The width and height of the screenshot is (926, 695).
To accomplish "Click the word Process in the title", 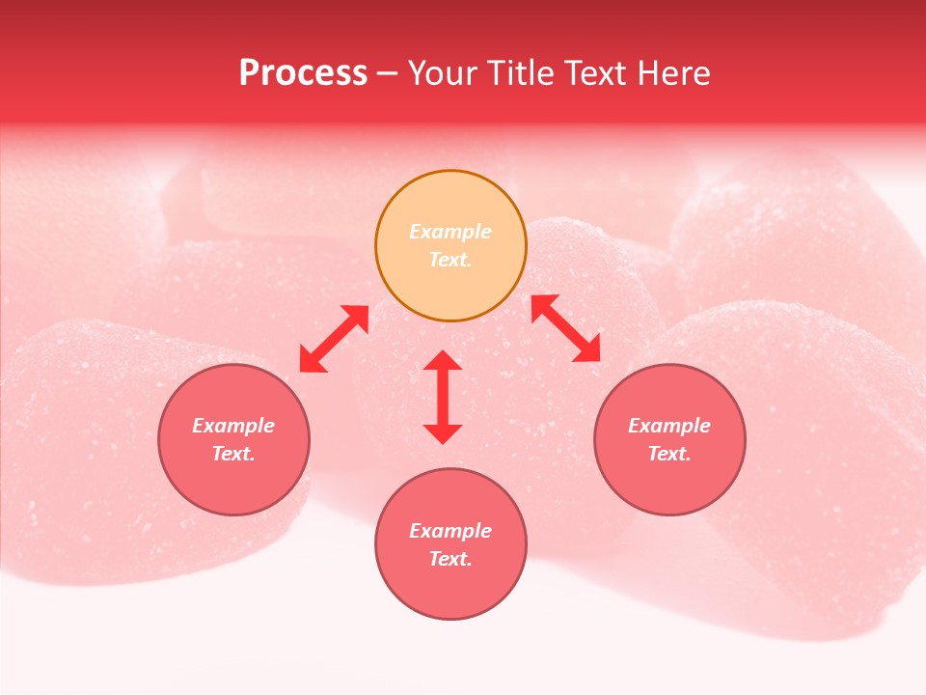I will point(303,73).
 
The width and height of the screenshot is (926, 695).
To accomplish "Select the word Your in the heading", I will point(443,73).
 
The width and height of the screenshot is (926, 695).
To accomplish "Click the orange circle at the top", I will point(450,280).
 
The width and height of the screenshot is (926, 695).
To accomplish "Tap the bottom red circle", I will point(450,589).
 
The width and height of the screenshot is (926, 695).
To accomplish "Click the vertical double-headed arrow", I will point(443,397).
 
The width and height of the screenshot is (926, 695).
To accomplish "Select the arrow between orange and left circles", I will point(334,339).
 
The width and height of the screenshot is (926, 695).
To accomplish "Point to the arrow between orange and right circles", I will point(566,328).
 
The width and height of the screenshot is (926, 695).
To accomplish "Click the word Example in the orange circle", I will point(450,232).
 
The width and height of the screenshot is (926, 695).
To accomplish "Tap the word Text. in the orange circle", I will point(450,260).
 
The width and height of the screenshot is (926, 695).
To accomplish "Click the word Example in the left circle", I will point(233,426).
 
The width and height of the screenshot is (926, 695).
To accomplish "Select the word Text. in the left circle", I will point(233,454).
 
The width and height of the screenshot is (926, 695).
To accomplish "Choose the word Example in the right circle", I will point(669,426).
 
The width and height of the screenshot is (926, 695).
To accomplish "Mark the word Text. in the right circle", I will point(669,454).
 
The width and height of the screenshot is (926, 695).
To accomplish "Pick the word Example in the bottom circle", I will point(450,531).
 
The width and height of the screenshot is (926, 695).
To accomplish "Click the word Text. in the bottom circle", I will point(450,559).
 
